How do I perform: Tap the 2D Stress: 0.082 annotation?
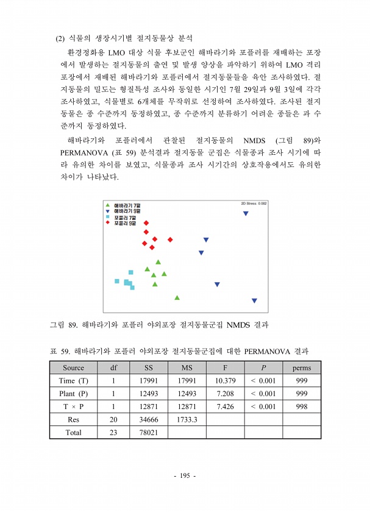click(x=254, y=204)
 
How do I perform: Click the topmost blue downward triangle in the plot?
click(x=246, y=213)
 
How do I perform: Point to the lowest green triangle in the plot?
click(x=177, y=297)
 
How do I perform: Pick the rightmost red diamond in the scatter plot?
click(x=170, y=240)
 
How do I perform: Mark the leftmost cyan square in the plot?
click(x=117, y=281)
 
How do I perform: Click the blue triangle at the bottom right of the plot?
click(x=254, y=300)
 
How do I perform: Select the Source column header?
click(x=73, y=368)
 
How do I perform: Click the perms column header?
click(x=301, y=368)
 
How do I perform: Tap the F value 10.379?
click(x=225, y=380)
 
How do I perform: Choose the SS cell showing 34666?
click(x=149, y=419)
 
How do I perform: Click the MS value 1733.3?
click(x=187, y=419)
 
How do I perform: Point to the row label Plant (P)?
click(x=73, y=393)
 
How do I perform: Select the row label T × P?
click(x=73, y=407)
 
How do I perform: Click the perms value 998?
click(x=301, y=407)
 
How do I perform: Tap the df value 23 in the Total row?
click(x=113, y=432)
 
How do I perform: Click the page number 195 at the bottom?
click(x=185, y=475)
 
